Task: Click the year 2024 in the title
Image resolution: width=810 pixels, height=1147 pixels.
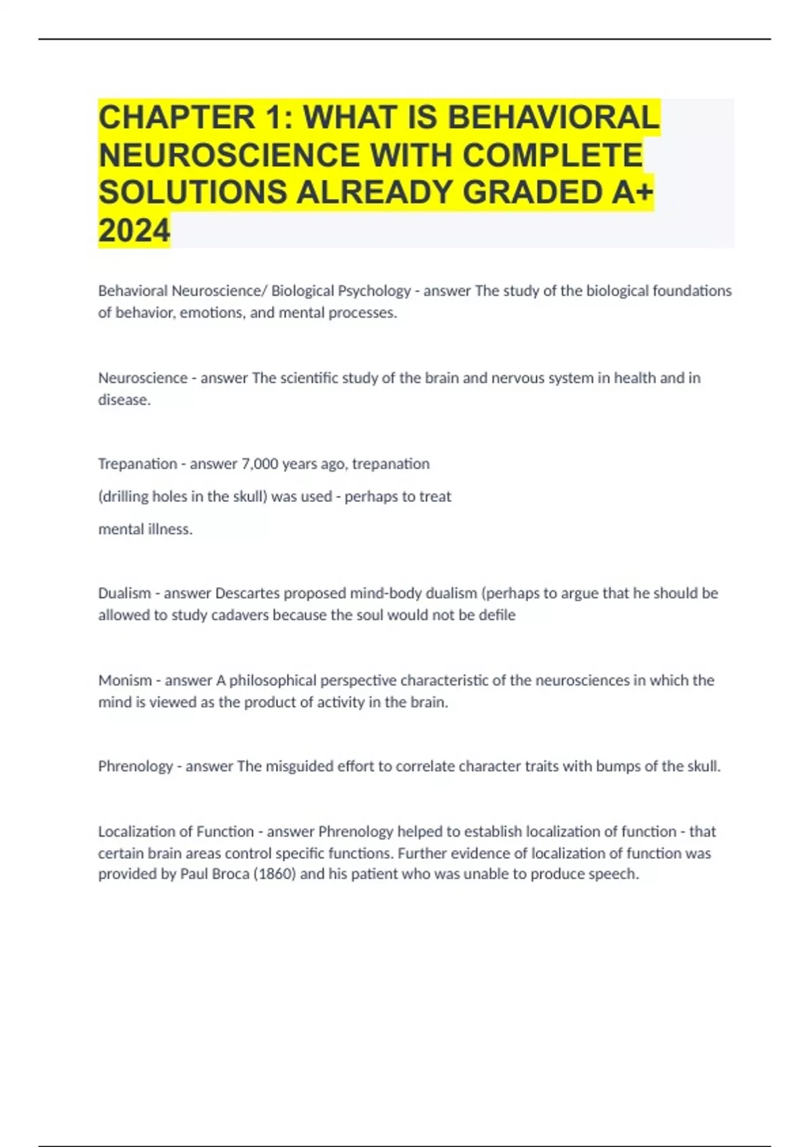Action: coord(134,230)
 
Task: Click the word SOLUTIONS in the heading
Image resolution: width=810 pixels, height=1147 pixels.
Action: coord(192,193)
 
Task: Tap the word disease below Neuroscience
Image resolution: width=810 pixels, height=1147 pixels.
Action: coord(124,400)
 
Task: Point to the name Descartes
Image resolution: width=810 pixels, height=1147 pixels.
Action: coord(246,594)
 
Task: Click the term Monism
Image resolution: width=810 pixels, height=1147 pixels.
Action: coord(125,680)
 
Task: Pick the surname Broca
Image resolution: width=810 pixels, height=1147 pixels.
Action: coord(223,874)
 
